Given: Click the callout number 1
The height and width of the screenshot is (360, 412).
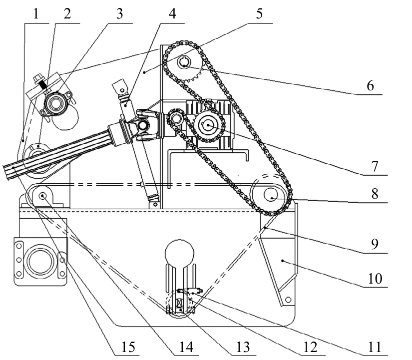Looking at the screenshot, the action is [x=36, y=13].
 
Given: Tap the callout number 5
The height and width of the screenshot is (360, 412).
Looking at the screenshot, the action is [x=259, y=13].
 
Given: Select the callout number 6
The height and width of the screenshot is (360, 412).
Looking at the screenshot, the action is [x=370, y=85].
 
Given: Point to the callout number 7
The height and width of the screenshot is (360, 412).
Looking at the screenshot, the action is [x=375, y=166].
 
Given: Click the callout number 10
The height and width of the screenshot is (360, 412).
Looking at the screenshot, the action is [x=375, y=278].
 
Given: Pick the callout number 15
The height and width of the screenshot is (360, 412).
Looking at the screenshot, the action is [x=128, y=347].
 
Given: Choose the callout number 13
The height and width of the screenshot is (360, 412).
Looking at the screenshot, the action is [x=243, y=347].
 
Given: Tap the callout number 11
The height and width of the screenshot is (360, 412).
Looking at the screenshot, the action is [x=375, y=347].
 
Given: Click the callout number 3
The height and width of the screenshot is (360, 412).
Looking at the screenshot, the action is [x=119, y=13].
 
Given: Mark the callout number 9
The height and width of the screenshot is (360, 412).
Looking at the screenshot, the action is [x=375, y=244].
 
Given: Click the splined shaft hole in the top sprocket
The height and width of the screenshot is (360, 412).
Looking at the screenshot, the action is [x=184, y=62].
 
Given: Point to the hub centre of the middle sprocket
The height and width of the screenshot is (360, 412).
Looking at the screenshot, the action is [x=208, y=125].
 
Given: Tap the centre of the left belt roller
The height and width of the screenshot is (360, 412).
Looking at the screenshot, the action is [x=42, y=196].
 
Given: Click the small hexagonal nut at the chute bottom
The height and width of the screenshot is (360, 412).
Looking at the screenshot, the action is [x=288, y=300].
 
